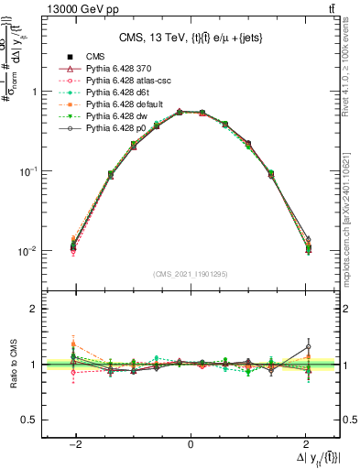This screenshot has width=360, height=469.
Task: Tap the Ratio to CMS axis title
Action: [16, 365]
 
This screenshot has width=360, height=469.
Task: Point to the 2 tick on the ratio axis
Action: [34, 309]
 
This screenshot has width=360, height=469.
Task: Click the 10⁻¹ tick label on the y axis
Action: [27, 171]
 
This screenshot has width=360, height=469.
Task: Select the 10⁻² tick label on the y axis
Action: [27, 251]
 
